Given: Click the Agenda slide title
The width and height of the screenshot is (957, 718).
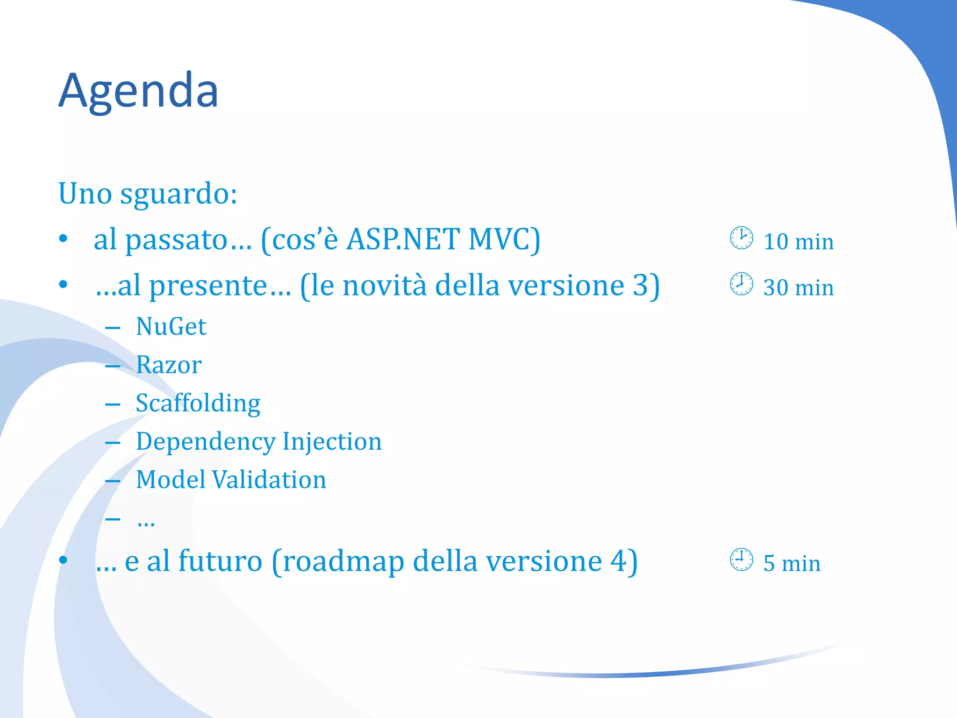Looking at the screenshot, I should [138, 91].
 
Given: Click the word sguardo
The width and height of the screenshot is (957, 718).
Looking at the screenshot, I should [178, 194].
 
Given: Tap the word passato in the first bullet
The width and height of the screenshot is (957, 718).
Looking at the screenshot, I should [176, 240].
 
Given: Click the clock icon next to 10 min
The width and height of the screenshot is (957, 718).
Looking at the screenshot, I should [741, 238].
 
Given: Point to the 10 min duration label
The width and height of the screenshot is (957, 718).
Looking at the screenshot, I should [798, 242].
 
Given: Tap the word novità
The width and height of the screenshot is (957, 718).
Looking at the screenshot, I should [384, 286].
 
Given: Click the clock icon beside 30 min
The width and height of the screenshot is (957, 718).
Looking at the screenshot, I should [741, 284].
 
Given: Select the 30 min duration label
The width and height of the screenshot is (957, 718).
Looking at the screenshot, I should [798, 287].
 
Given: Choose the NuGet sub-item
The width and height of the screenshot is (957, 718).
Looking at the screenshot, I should [171, 326].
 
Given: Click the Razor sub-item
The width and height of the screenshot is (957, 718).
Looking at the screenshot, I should [168, 365].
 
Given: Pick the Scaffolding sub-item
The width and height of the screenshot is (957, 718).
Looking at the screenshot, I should [198, 403].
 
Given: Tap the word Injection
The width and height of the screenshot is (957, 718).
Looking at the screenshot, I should [332, 441].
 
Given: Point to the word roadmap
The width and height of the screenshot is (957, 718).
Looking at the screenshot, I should [343, 561].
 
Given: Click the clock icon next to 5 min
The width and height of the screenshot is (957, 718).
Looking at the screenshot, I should [741, 560].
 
